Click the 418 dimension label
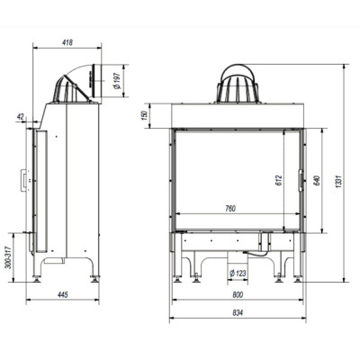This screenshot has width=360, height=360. coord(67,42)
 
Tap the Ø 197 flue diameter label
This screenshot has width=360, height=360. coord(117,81)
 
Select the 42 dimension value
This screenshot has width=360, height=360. coord(21,116)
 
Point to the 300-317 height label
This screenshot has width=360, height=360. coord(8,257)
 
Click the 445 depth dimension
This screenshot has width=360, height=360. coord(63,294)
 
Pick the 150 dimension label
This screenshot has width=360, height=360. coord(145,115)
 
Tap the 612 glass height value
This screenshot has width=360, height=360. coord(279,180)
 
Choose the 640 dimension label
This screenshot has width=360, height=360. coord(317,180)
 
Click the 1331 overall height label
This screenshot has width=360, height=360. coord(338,182)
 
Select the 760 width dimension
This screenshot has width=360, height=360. coord(230,208)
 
